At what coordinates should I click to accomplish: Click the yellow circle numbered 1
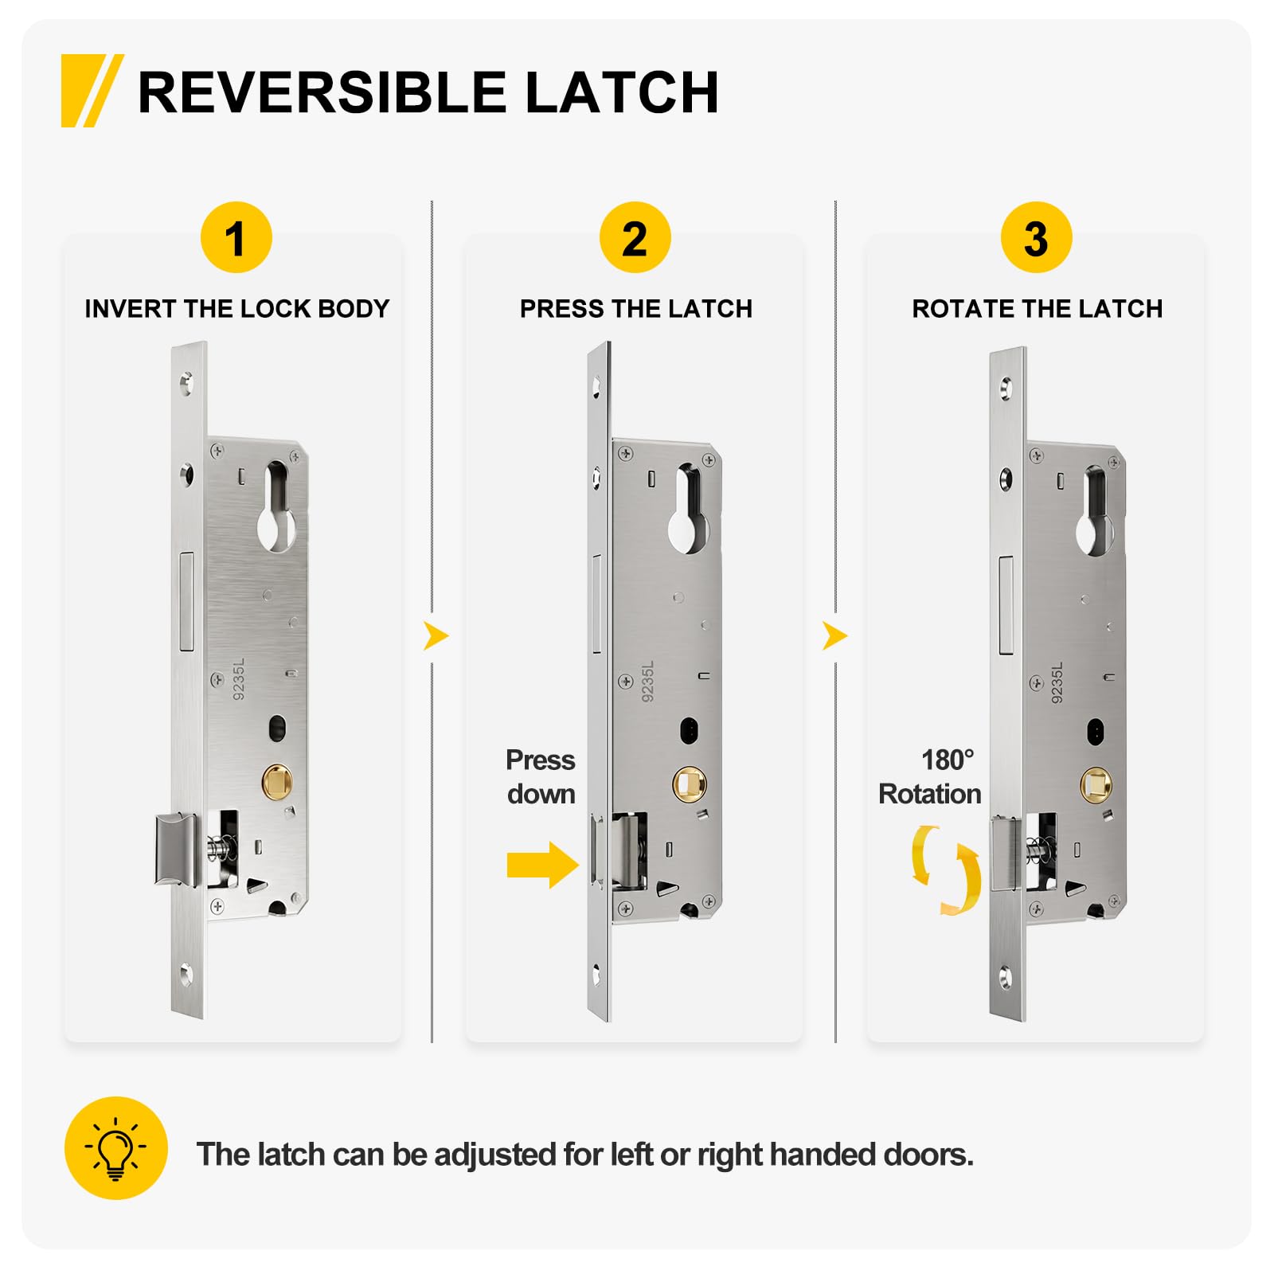click(x=236, y=238)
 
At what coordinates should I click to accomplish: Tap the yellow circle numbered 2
click(x=635, y=238)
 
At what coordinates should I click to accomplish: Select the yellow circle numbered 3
click(x=1036, y=238)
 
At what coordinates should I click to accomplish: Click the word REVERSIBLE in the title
click(x=322, y=92)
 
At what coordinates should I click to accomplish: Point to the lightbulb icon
click(x=116, y=1148)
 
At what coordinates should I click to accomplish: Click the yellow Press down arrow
click(x=544, y=865)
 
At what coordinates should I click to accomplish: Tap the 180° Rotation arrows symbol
click(x=946, y=870)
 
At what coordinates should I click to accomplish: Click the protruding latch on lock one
click(x=176, y=849)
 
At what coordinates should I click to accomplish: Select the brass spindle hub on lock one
click(x=277, y=782)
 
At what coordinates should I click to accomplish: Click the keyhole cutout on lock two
click(x=688, y=510)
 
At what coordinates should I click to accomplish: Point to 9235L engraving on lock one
click(x=239, y=679)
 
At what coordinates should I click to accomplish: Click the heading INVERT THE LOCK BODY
click(x=237, y=309)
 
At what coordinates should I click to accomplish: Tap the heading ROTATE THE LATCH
click(x=1037, y=309)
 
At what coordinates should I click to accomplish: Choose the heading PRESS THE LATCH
click(x=636, y=309)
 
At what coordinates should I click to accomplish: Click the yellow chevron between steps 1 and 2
click(x=436, y=636)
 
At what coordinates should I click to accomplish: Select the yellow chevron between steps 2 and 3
click(x=835, y=636)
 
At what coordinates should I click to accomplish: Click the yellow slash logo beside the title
click(x=92, y=91)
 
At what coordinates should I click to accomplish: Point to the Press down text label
click(x=541, y=777)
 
